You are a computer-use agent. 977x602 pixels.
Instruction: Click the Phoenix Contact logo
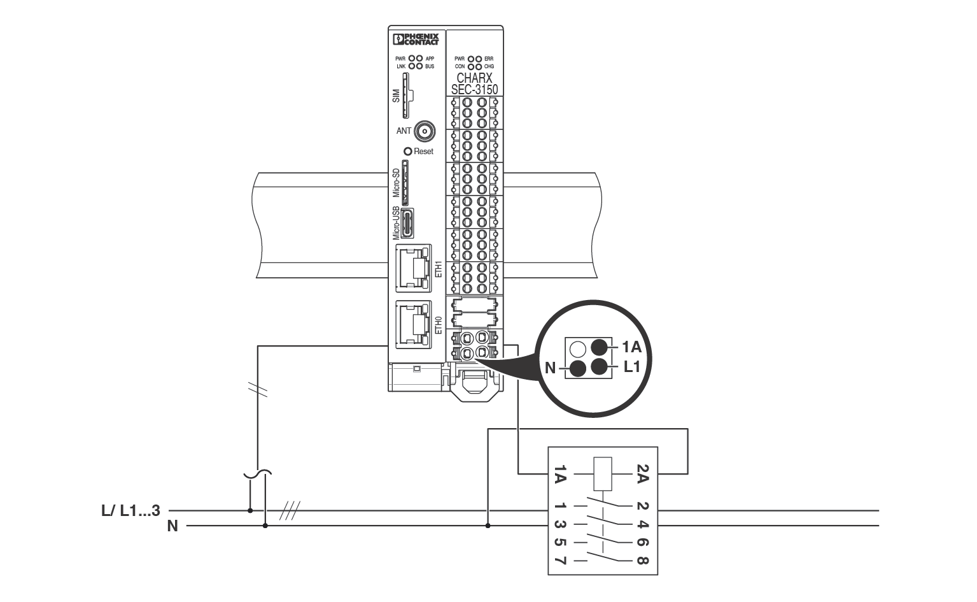[416, 39]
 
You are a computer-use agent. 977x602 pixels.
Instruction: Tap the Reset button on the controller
[408, 152]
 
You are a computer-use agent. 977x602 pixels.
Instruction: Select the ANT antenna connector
[425, 131]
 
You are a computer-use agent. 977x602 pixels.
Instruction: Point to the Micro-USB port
[407, 223]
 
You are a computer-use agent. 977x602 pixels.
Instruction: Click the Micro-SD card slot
[405, 182]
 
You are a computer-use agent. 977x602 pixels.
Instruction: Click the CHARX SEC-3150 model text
[475, 84]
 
